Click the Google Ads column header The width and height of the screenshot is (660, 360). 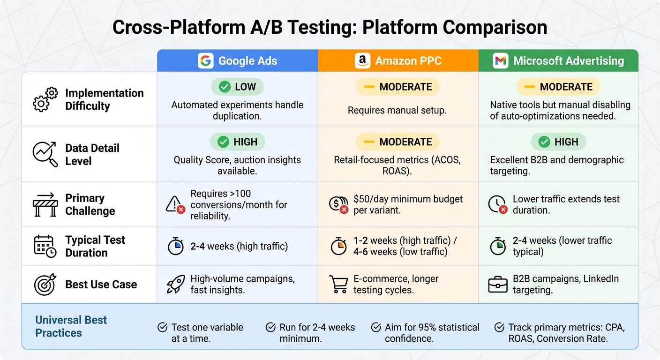pos(238,61)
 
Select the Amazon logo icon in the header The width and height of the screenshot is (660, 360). pos(362,61)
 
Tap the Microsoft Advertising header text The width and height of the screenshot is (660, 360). pos(568,61)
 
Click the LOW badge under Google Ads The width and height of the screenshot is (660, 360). pos(237,87)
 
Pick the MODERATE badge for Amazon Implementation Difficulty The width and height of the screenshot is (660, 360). pos(397,87)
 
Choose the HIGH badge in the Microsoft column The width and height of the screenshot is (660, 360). pos(558,142)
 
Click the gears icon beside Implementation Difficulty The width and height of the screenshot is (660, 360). pos(45,99)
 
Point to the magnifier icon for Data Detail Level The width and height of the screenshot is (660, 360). pos(45,154)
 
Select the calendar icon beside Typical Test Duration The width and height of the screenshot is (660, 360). pos(45,246)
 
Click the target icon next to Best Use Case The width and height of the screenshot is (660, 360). pos(45,284)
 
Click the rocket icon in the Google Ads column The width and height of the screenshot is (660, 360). pos(176,285)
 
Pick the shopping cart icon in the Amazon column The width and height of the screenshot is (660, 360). pos(338,285)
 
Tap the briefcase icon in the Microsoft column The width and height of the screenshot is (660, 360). pos(498,285)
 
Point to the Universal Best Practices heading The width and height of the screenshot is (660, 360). pos(71,326)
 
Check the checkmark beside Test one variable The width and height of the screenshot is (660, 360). pos(163,327)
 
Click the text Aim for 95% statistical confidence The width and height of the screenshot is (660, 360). pos(432,333)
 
